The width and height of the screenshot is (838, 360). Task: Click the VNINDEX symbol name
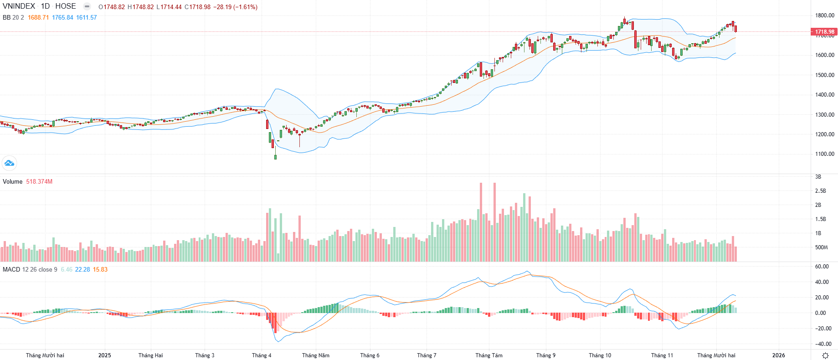[x=19, y=6]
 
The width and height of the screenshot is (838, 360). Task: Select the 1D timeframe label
[x=45, y=6]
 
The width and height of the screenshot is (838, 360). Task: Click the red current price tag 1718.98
[x=824, y=32]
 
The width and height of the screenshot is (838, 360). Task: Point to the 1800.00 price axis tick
[x=825, y=15]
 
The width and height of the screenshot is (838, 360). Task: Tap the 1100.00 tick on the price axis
[x=825, y=154]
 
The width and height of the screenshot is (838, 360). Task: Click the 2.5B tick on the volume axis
[x=820, y=191]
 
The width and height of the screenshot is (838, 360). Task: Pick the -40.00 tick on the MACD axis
[x=823, y=344]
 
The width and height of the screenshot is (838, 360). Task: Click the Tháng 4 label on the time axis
[x=262, y=355]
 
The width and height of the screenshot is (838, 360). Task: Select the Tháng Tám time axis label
[x=489, y=355]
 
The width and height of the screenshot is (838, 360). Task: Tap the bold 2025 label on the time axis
[x=104, y=355]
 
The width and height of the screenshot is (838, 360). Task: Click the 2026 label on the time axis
[x=778, y=355]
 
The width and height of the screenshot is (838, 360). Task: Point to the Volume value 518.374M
[x=39, y=181]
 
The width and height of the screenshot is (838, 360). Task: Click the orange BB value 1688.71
[x=38, y=17]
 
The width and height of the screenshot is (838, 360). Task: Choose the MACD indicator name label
[x=11, y=269]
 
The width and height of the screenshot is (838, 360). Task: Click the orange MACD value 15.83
[x=100, y=269]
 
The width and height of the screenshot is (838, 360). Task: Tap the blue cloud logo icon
[x=9, y=163]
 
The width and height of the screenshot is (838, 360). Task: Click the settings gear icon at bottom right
[x=825, y=355]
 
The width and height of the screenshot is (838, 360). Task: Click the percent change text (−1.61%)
[x=246, y=7]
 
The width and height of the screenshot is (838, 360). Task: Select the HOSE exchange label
[x=66, y=6]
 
